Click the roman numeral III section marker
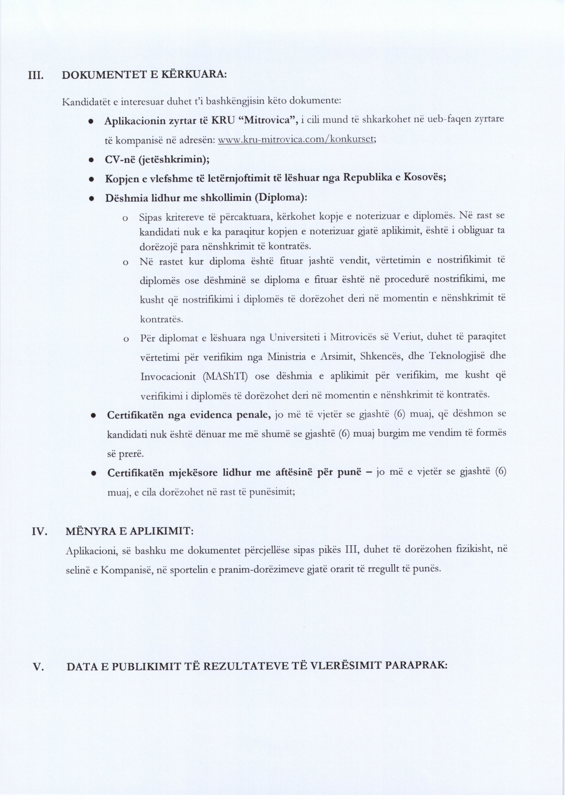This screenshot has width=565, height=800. (x=36, y=75)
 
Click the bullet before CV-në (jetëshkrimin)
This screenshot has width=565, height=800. (x=91, y=160)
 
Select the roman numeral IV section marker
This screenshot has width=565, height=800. (x=40, y=532)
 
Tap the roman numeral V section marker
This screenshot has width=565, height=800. (x=38, y=667)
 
